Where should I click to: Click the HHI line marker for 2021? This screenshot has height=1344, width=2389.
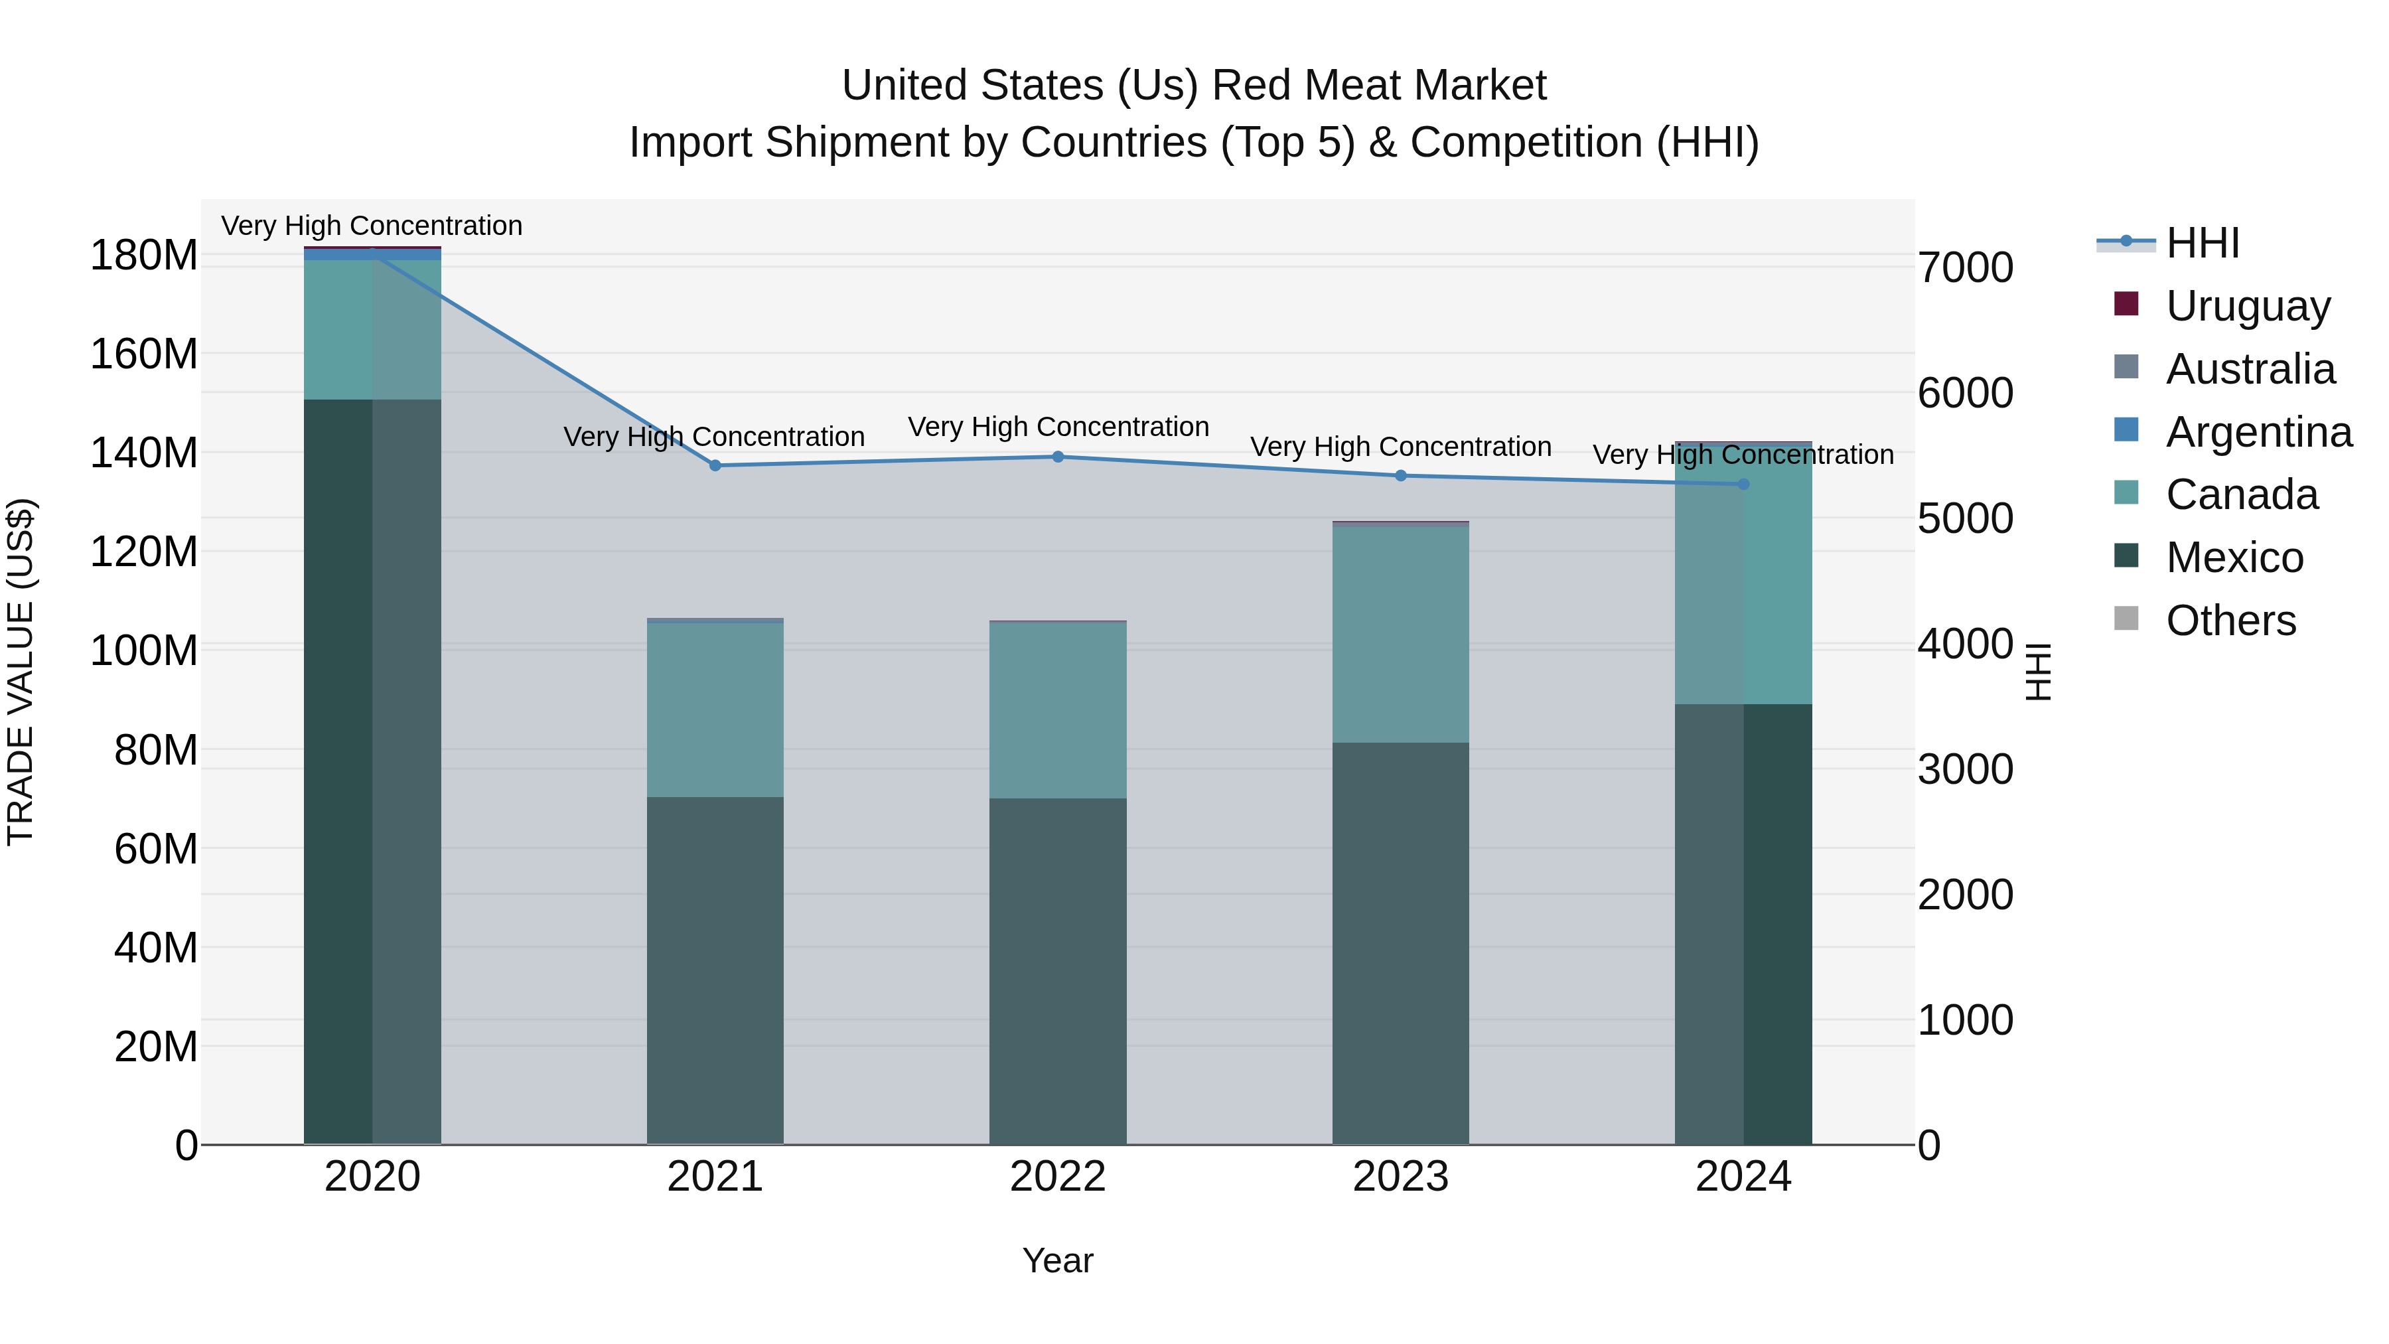(715, 466)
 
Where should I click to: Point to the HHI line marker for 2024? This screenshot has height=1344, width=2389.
(1743, 485)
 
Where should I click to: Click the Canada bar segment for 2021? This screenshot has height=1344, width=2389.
(715, 709)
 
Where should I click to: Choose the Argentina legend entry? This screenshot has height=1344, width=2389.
(2258, 432)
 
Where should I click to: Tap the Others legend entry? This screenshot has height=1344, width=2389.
(2230, 621)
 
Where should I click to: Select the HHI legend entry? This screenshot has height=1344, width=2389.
(2203, 243)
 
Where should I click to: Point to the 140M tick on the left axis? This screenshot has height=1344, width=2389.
(144, 453)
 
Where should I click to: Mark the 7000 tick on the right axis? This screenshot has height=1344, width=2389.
(1965, 268)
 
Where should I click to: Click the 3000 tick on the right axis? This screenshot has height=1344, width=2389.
(1965, 770)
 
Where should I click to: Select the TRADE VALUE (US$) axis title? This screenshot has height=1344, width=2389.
(21, 672)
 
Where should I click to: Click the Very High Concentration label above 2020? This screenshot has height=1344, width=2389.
(372, 226)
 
